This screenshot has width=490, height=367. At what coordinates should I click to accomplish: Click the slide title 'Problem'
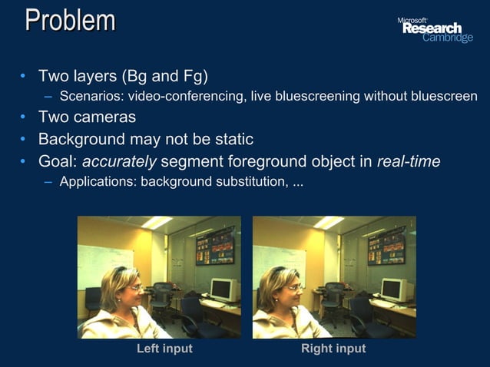tap(70, 21)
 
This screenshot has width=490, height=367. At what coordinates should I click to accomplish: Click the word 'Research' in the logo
tap(432, 28)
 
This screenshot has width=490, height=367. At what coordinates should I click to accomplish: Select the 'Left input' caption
tap(164, 349)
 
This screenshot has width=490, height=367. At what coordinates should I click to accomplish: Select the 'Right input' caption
tap(333, 349)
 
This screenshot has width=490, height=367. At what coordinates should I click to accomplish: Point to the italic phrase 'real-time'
tap(409, 162)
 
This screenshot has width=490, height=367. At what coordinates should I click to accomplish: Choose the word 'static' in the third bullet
tap(232, 140)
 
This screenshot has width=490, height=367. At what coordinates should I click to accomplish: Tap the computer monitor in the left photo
tap(221, 289)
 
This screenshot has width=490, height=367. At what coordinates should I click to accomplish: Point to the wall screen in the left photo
tap(214, 246)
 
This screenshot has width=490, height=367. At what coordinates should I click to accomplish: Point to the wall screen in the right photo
tap(386, 246)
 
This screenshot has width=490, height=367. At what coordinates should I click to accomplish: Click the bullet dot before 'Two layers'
tap(24, 77)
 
